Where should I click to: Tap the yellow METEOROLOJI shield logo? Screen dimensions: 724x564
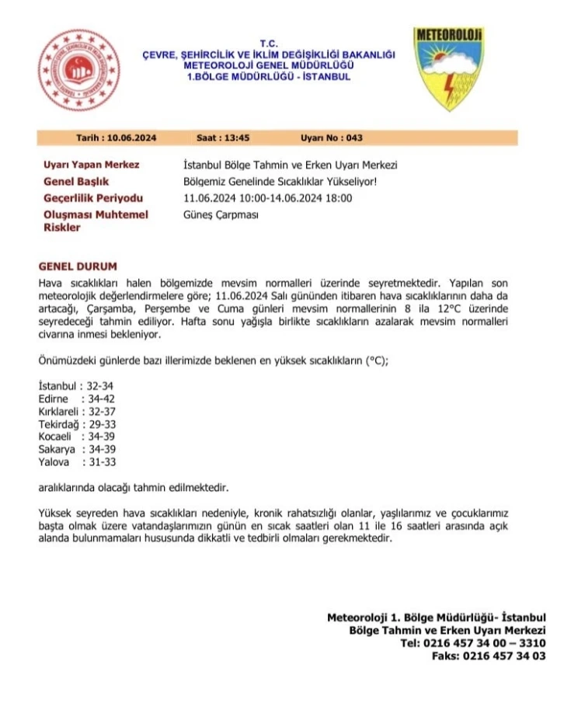coord(448,69)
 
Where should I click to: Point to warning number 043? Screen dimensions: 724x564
coord(354,138)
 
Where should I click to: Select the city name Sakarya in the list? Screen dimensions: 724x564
coord(57,449)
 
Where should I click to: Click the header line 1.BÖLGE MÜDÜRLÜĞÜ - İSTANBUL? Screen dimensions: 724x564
coord(269,77)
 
